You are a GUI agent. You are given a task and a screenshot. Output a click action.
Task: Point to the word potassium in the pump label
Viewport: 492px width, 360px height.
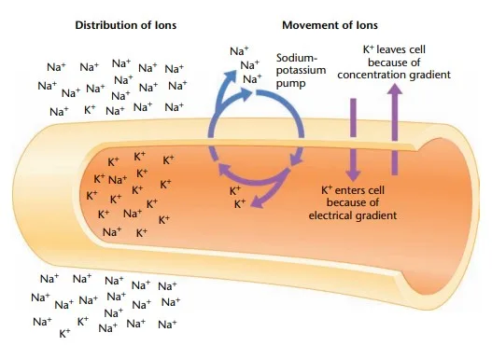point(302,69)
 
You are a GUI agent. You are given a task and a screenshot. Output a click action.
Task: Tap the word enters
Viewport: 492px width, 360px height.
point(358,191)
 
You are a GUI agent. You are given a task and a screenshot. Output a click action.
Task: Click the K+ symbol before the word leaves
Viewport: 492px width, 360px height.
point(369,48)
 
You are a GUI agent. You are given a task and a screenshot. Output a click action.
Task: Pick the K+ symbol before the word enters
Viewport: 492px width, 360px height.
point(328,191)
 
